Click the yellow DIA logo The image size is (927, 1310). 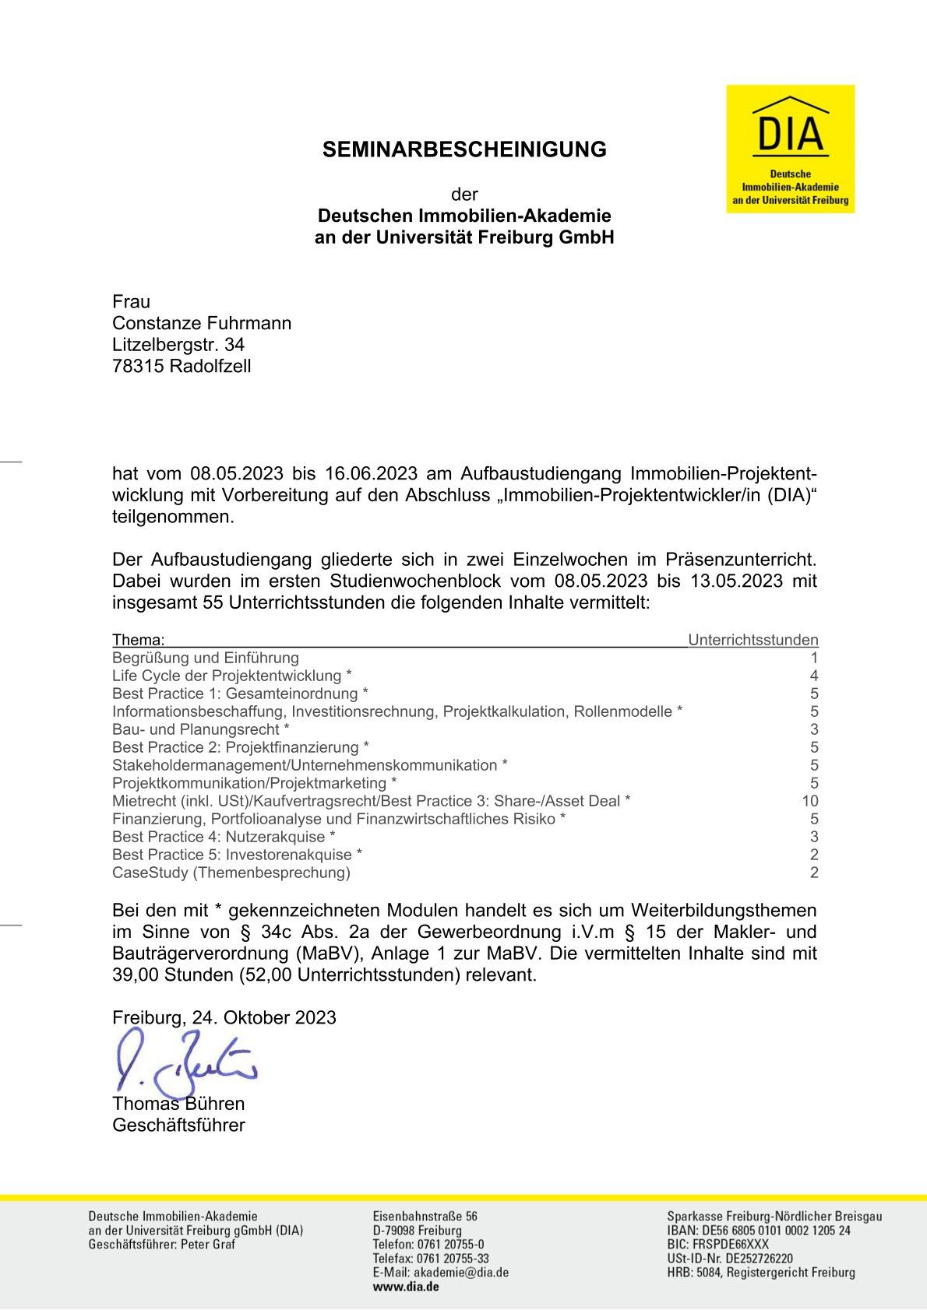[790, 149]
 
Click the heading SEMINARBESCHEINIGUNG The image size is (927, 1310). [464, 149]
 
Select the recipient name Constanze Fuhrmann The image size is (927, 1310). [202, 323]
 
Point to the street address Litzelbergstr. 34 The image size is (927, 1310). [178, 345]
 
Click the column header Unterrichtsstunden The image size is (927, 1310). [753, 641]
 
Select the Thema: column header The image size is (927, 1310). [138, 641]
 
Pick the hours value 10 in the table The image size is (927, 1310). [809, 801]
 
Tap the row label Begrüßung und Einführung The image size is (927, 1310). [206, 658]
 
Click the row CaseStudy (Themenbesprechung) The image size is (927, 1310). [231, 873]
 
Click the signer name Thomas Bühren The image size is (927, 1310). [178, 1104]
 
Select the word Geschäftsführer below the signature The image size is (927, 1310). [178, 1126]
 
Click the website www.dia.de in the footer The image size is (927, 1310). [406, 1287]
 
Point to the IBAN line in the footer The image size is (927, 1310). [759, 1231]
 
